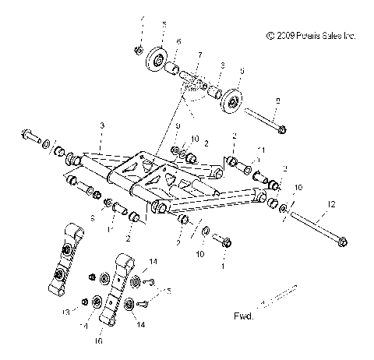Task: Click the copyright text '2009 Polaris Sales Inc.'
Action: pyautogui.click(x=310, y=36)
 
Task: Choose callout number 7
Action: pyautogui.click(x=199, y=57)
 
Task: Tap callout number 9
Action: pyautogui.click(x=177, y=127)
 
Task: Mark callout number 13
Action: pyautogui.click(x=66, y=312)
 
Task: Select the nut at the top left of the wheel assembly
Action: pyautogui.click(x=138, y=51)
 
